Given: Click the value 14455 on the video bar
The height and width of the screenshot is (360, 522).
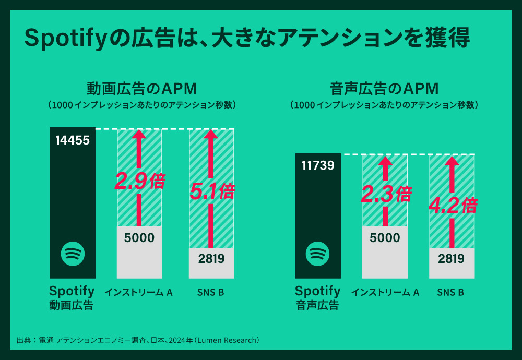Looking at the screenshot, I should [x=73, y=140].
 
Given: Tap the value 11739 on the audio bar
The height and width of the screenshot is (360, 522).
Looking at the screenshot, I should [x=318, y=165].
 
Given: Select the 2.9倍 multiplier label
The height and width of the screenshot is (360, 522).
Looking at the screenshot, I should [x=139, y=182].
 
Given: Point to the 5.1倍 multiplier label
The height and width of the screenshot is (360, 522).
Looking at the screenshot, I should [x=211, y=191].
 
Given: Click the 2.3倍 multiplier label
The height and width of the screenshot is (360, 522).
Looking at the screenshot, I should [x=385, y=195].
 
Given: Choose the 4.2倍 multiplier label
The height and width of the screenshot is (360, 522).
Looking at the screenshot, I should [x=452, y=205].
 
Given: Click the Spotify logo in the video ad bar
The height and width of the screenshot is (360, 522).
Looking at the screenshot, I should [x=73, y=254].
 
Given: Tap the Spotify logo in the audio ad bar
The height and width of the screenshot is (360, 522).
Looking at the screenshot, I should [x=318, y=254].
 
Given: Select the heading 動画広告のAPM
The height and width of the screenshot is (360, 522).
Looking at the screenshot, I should [x=141, y=87].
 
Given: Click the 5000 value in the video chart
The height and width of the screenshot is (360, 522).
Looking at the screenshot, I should [x=139, y=238].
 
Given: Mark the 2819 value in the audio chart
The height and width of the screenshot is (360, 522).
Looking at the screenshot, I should [x=452, y=259].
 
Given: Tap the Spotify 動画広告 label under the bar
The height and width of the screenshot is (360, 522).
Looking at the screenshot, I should [x=72, y=297].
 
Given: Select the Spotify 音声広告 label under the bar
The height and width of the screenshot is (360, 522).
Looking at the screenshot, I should [x=317, y=297].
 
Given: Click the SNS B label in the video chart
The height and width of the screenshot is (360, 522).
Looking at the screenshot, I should [x=210, y=292].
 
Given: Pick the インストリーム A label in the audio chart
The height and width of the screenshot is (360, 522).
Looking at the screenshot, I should [x=385, y=292].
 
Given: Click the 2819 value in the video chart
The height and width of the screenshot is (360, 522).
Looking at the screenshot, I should [x=211, y=258].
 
